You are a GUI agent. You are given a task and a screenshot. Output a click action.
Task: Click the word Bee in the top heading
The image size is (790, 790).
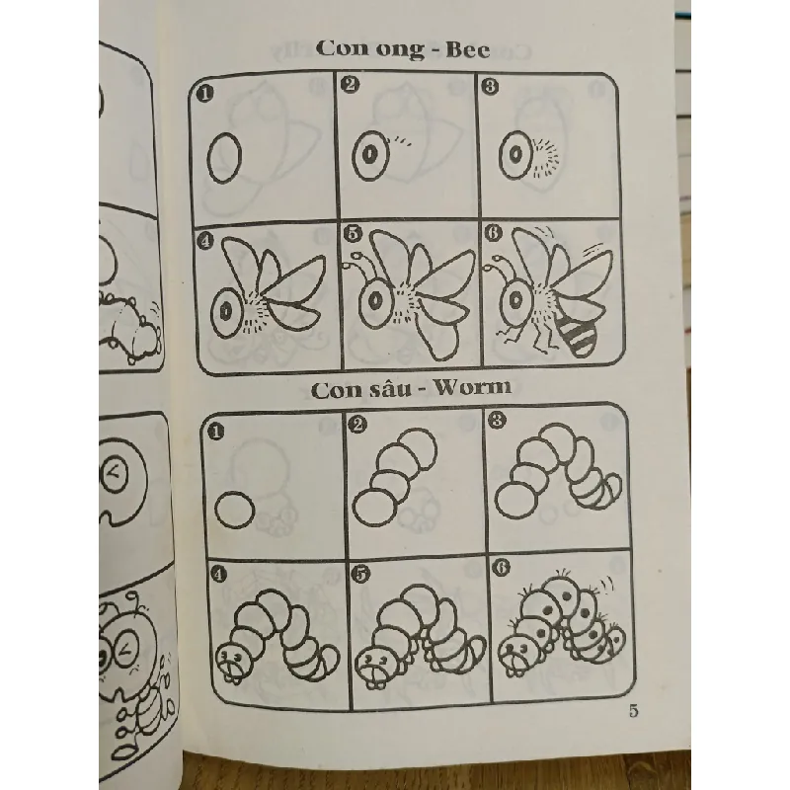tap(467, 50)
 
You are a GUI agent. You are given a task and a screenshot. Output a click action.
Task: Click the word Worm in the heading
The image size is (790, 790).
tap(473, 387)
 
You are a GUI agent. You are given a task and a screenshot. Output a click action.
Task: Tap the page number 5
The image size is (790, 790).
tap(633, 711)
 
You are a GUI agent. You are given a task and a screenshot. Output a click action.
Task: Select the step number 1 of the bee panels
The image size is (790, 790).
tap(204, 93)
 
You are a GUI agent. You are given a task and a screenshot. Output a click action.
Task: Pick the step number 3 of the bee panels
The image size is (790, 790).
tap(489, 86)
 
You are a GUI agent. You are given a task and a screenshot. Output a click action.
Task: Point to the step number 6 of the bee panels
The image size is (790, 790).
tap(493, 233)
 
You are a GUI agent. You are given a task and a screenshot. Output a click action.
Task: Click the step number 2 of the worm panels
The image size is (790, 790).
tap(356, 425)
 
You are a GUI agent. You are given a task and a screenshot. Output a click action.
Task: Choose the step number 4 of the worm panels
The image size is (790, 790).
tap(217, 575)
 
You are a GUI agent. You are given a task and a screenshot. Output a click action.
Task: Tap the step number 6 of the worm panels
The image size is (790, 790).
tap(502, 567)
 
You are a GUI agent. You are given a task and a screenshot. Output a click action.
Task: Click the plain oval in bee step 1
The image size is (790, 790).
tap(224, 158)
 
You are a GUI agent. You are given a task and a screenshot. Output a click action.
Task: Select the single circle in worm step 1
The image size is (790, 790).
tap(234, 510)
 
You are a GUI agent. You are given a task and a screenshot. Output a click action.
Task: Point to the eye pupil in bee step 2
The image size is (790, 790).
tap(370, 154)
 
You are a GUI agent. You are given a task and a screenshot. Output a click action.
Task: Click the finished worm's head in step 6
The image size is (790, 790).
tap(514, 654)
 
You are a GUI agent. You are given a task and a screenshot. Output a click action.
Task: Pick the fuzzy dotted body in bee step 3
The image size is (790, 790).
tap(544, 160)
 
